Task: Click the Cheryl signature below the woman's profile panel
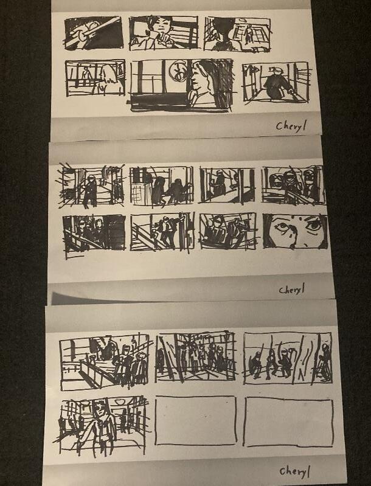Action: point(291,126)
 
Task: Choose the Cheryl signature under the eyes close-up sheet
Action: point(291,290)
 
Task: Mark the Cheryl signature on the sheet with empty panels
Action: point(294,472)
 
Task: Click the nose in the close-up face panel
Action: point(293,238)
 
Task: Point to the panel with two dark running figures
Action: point(162,186)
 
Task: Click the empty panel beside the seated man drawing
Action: point(196,420)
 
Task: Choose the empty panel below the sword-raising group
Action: point(288,423)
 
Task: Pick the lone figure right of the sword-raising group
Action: point(325,361)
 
